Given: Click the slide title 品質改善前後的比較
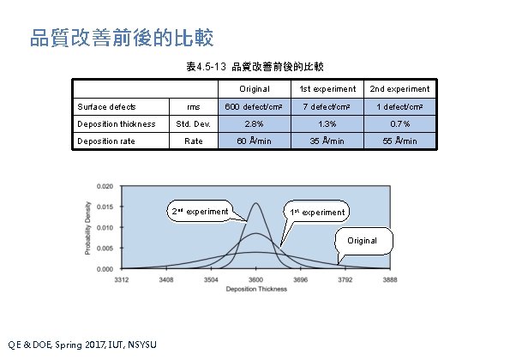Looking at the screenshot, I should click(121, 39).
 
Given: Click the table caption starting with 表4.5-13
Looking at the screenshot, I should click(255, 66).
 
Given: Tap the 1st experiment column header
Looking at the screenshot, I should click(327, 89).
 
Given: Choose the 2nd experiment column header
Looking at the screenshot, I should click(399, 89).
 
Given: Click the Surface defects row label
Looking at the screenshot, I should click(104, 106).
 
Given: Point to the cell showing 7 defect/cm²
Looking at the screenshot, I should click(327, 106).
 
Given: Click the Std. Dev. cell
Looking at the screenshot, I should click(194, 123).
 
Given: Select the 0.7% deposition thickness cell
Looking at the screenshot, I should click(399, 123).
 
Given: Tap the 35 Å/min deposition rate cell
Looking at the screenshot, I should click(327, 141).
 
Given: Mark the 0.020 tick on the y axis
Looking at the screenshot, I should click(103, 186).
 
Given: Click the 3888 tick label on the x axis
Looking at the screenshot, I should click(390, 279).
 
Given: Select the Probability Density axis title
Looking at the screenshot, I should click(87, 226).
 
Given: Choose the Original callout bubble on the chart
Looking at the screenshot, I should click(362, 241).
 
